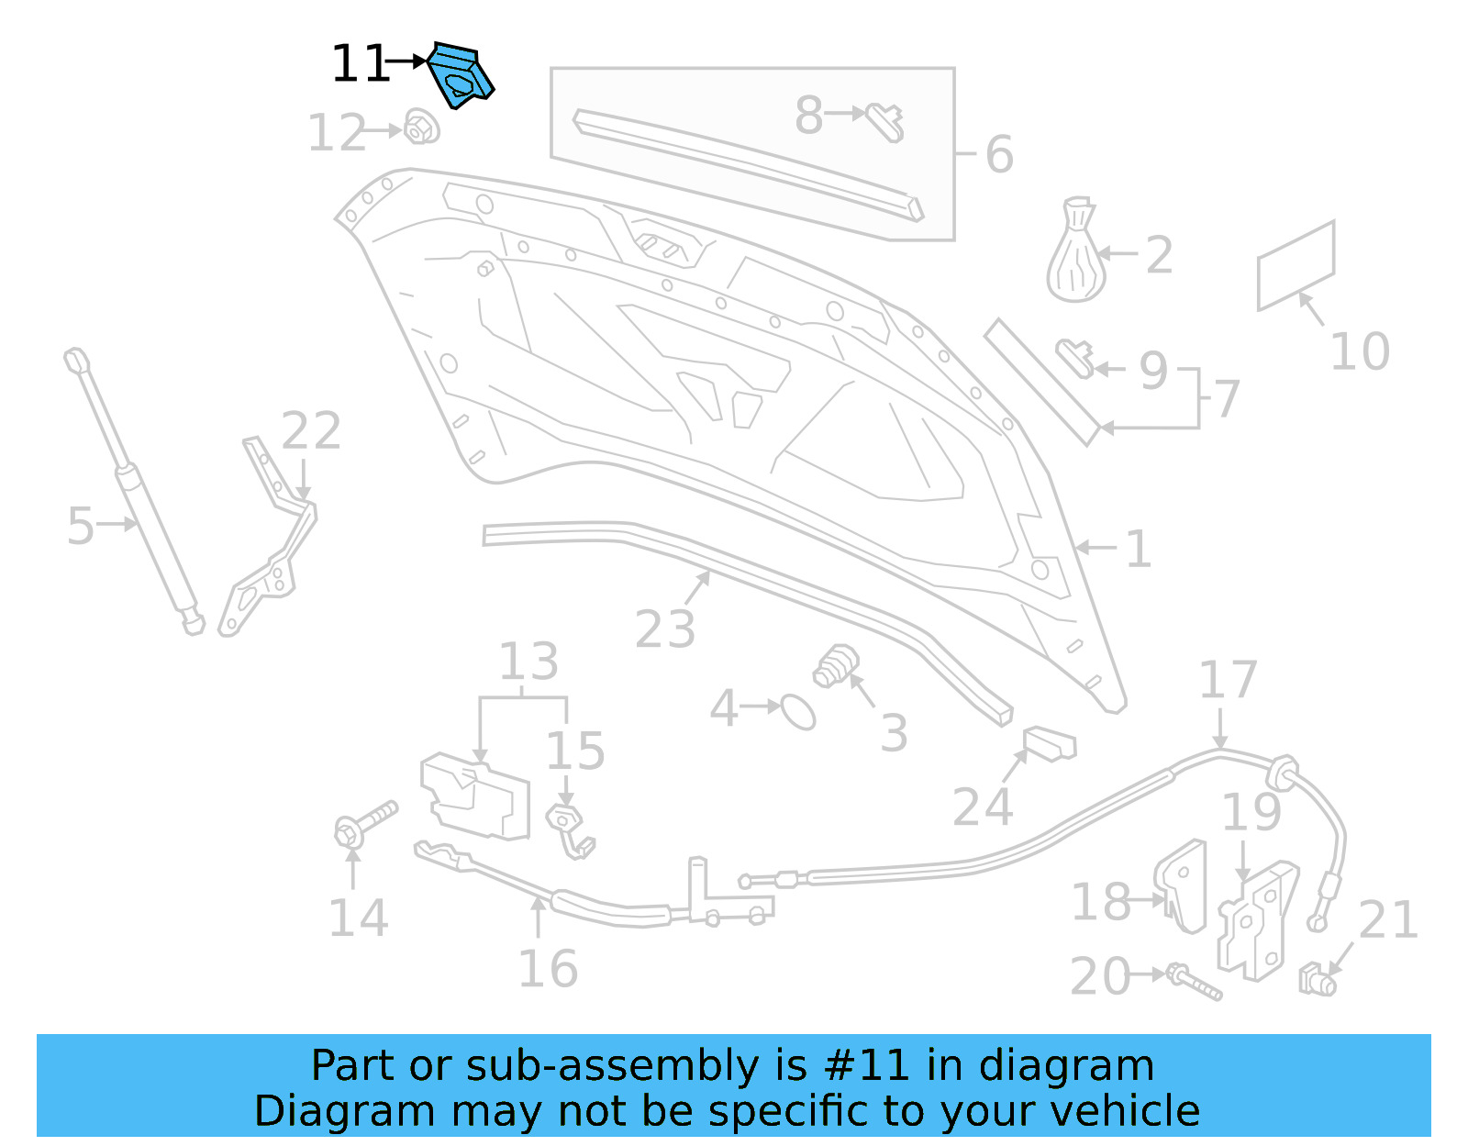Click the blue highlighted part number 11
[461, 75]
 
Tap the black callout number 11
[359, 64]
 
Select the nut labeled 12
[421, 128]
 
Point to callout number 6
[999, 154]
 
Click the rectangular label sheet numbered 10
[1295, 265]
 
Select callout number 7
[1227, 399]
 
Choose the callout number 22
[311, 430]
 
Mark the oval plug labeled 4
[798, 712]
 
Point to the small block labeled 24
[1049, 742]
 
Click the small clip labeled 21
[1318, 980]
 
